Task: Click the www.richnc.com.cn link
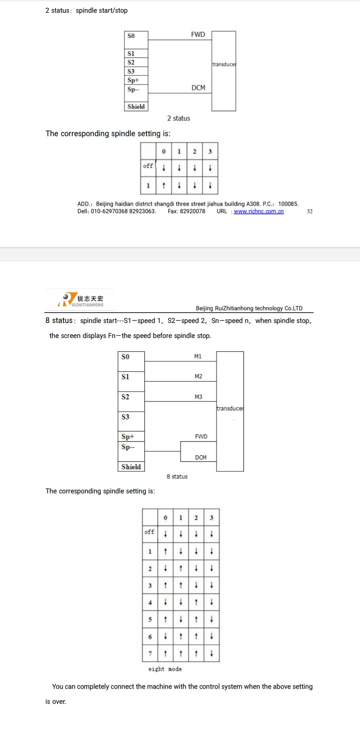[x=259, y=211]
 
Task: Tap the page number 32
[x=310, y=211]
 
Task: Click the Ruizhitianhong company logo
[x=80, y=299]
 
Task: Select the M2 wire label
[x=198, y=376]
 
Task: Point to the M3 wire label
[x=198, y=397]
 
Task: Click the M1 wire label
[x=198, y=356]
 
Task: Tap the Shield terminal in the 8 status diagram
[x=131, y=467]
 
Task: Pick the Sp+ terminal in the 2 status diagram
[x=133, y=80]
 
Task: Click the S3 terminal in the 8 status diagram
[x=125, y=417]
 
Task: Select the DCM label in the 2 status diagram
[x=198, y=88]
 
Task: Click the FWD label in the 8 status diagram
[x=201, y=436]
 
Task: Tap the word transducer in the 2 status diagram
[x=224, y=64]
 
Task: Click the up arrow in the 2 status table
[x=164, y=185]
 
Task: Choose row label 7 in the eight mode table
[x=150, y=653]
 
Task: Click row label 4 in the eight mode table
[x=150, y=602]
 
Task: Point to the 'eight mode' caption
[x=165, y=669]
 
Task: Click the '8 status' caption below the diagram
[x=177, y=477]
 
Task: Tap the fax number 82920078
[x=193, y=211]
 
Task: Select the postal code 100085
[x=288, y=204]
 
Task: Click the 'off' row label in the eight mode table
[x=149, y=532]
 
